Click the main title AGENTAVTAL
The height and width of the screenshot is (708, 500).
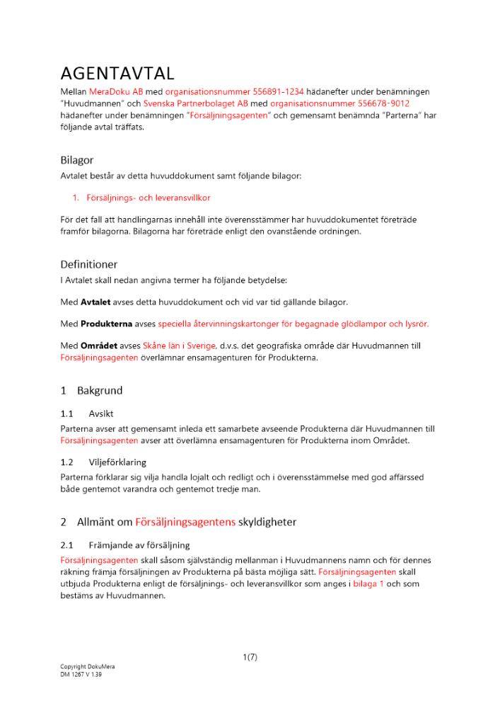tap(117, 74)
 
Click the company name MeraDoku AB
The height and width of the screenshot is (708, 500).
tap(116, 92)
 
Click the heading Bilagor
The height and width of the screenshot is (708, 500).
tap(77, 160)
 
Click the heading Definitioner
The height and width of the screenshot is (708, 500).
tap(89, 264)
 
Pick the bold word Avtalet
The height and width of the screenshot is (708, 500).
tap(96, 302)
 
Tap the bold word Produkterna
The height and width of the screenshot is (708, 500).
tap(107, 324)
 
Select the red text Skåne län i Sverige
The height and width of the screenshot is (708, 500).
tap(180, 346)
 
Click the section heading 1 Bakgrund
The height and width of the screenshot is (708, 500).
tap(92, 390)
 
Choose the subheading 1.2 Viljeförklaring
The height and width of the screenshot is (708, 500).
tap(104, 462)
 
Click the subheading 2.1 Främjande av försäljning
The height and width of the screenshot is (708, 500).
tap(125, 545)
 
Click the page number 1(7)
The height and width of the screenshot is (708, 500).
tap(250, 657)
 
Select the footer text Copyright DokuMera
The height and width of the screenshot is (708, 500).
tap(88, 667)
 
